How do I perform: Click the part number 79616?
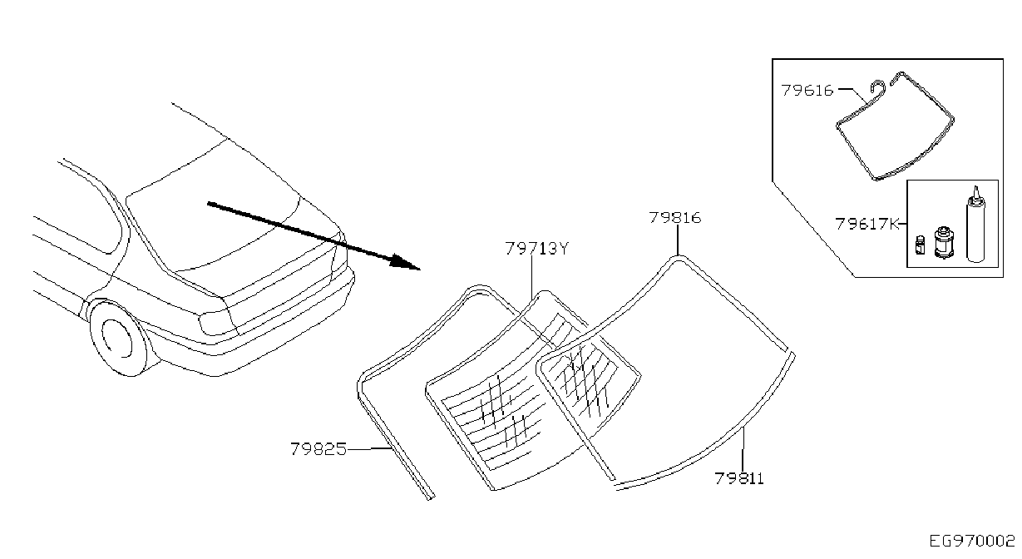tap(807, 91)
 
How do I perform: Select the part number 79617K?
tap(866, 224)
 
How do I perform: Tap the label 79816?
tap(675, 218)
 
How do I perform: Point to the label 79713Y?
tap(537, 249)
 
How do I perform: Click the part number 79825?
tap(318, 449)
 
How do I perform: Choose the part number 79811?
tap(739, 478)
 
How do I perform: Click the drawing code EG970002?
tap(972, 542)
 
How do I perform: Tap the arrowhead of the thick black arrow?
tap(405, 262)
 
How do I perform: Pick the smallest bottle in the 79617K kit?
tap(921, 245)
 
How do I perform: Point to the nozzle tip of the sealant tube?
tap(976, 187)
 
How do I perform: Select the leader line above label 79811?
tap(743, 449)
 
